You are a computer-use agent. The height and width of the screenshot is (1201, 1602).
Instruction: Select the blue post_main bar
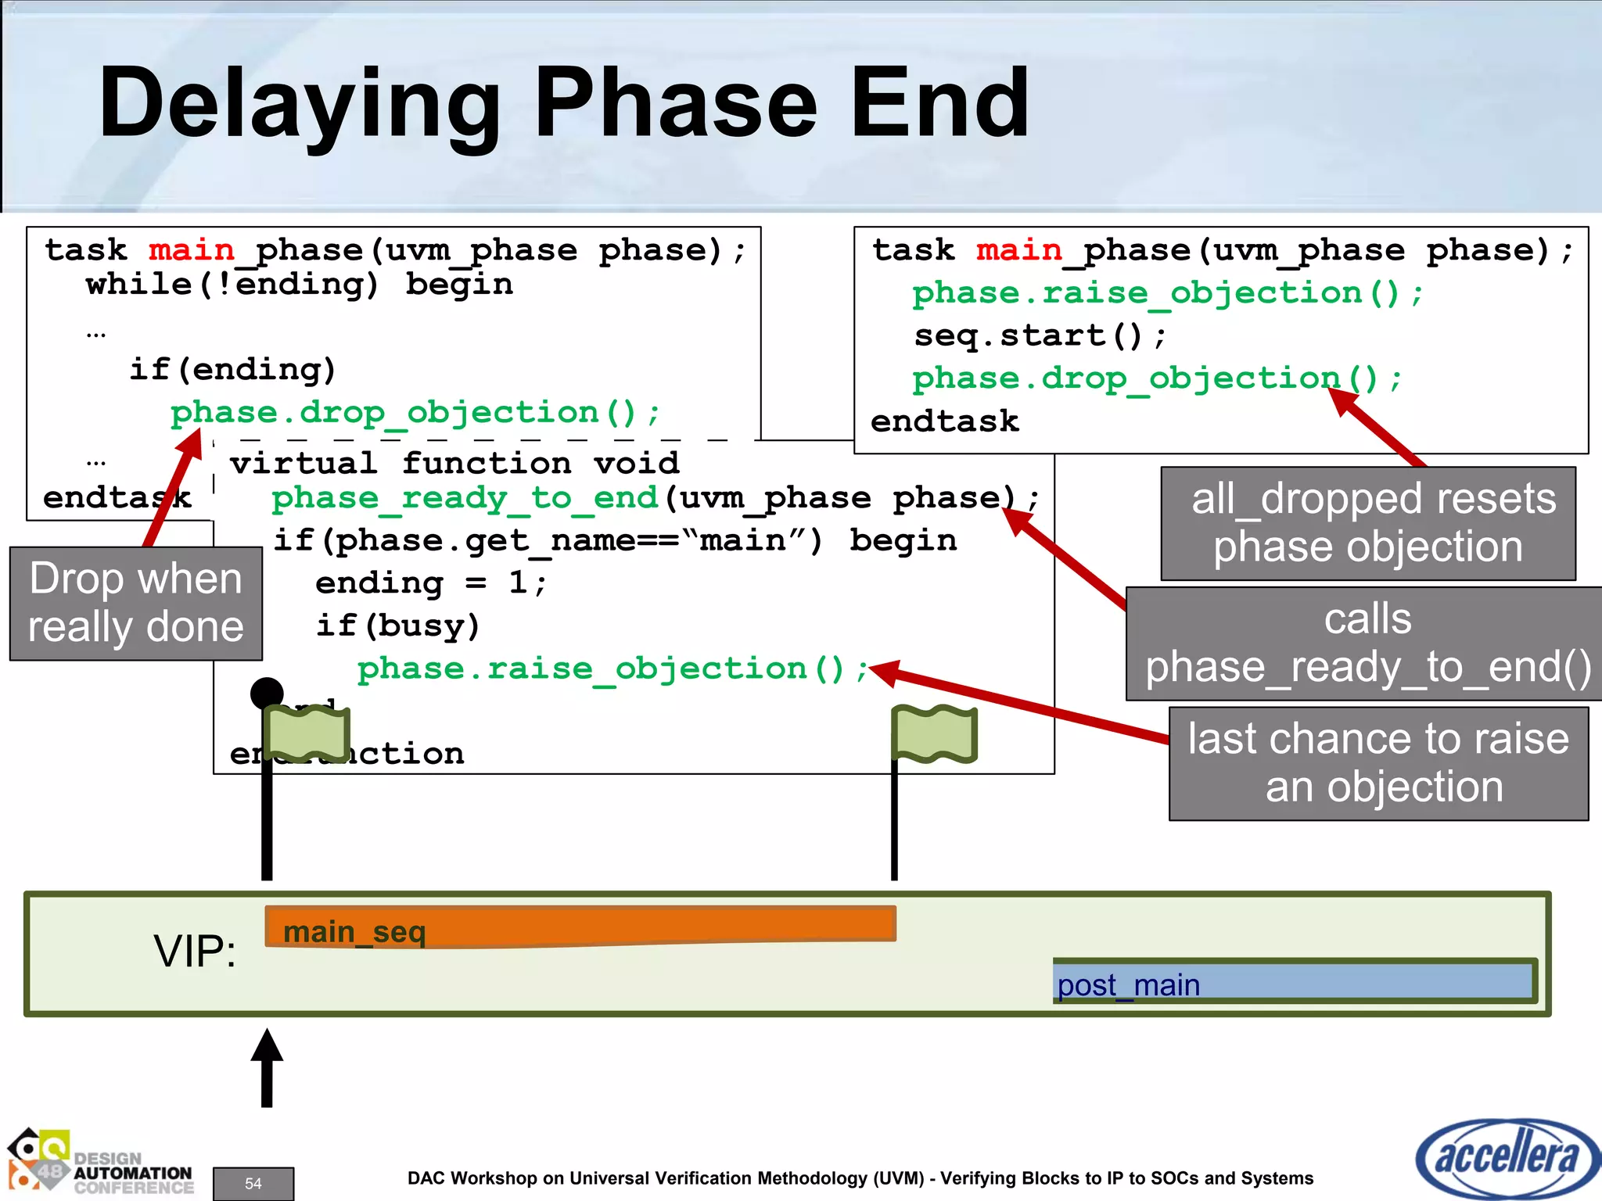pyautogui.click(x=1295, y=982)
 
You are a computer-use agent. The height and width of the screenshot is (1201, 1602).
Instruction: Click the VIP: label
pyautogui.click(x=195, y=952)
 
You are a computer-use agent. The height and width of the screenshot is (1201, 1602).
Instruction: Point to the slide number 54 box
pyautogui.click(x=253, y=1183)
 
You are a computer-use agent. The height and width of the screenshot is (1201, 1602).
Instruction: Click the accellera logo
pyautogui.click(x=1507, y=1158)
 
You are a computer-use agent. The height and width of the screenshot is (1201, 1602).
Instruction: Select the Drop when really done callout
pyautogui.click(x=136, y=603)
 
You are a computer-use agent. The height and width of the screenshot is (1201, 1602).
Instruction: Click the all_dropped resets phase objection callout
pyautogui.click(x=1368, y=523)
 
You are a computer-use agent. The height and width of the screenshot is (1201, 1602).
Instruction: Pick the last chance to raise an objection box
pyautogui.click(x=1378, y=763)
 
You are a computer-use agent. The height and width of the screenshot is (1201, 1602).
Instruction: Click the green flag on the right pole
pyautogui.click(x=935, y=733)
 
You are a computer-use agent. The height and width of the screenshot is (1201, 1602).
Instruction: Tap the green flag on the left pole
pyautogui.click(x=307, y=733)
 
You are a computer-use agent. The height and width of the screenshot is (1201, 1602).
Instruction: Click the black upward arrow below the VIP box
pyautogui.click(x=267, y=1067)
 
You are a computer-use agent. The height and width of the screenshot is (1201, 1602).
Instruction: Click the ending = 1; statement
pyautogui.click(x=430, y=583)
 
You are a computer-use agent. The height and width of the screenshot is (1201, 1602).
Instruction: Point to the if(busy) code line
pyautogui.click(x=397, y=626)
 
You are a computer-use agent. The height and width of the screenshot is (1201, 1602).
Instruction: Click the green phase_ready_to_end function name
pyautogui.click(x=465, y=499)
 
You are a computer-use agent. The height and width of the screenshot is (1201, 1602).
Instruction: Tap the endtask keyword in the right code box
pyautogui.click(x=945, y=422)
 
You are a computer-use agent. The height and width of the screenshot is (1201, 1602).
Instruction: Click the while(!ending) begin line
pyautogui.click(x=299, y=285)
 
